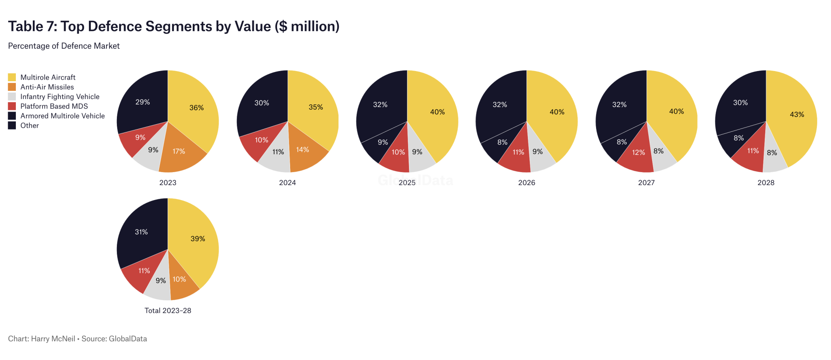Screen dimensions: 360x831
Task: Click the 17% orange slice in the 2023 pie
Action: click(x=179, y=151)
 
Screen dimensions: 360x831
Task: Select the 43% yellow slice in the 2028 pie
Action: click(x=797, y=114)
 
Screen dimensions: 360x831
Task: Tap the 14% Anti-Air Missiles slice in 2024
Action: click(x=303, y=150)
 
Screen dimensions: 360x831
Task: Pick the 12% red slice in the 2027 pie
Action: click(x=638, y=153)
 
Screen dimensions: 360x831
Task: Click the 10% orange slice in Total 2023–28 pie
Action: click(x=179, y=279)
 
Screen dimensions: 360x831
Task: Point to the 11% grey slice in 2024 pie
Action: click(x=278, y=152)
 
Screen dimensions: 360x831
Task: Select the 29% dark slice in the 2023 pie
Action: click(x=143, y=102)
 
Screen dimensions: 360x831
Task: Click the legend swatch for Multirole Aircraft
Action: click(x=12, y=77)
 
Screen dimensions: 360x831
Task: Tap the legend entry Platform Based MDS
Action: click(x=54, y=106)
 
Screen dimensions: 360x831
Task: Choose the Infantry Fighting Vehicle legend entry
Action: click(x=60, y=97)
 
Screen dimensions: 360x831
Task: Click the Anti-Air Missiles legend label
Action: click(x=47, y=87)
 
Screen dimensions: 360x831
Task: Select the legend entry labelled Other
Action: click(x=30, y=126)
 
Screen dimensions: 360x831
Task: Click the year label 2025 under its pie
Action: click(x=407, y=183)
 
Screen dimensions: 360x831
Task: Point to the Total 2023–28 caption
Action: click(x=168, y=310)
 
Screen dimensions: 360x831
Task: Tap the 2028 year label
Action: click(x=766, y=183)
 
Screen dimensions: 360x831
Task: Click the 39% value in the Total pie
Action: click(x=198, y=239)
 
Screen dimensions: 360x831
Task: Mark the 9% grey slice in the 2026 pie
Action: click(x=538, y=152)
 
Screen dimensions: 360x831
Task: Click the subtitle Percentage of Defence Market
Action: click(x=64, y=46)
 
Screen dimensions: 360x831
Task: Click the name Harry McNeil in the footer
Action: click(x=53, y=338)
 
